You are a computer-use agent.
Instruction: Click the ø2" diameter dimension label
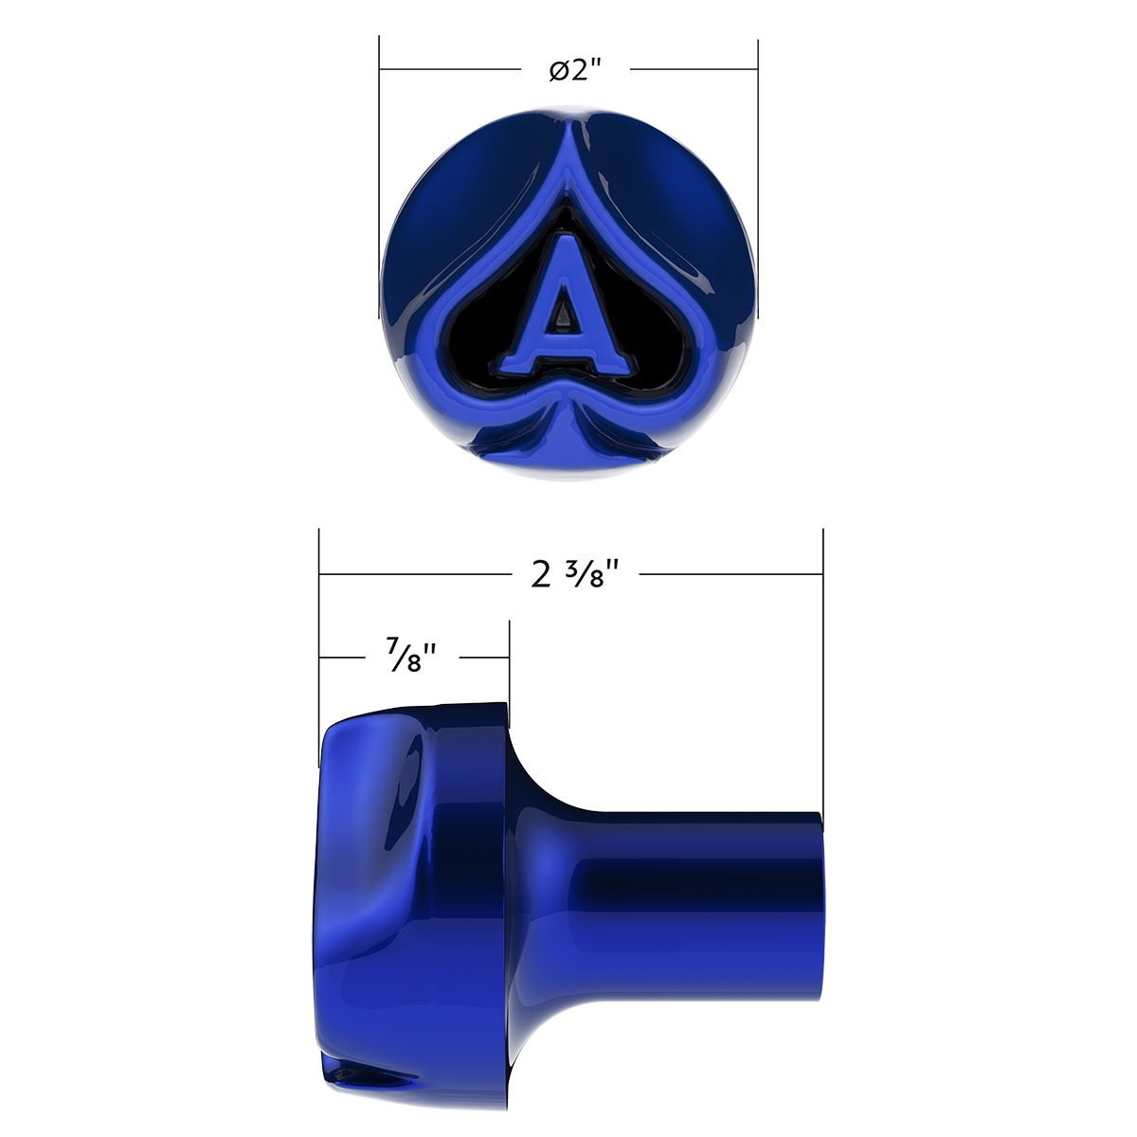coord(575,70)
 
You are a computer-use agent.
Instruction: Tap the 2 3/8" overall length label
coord(575,574)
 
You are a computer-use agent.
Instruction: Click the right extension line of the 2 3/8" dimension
coord(822,663)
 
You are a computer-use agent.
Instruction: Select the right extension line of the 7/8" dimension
coord(510,663)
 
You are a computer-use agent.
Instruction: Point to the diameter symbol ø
coord(557,71)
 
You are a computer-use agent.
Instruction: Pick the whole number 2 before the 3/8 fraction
coord(541,574)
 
